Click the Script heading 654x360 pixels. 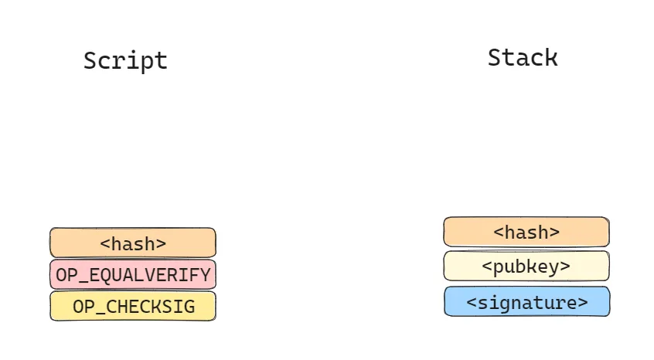(x=125, y=61)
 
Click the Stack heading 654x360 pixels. (x=523, y=57)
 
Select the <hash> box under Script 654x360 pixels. (x=133, y=243)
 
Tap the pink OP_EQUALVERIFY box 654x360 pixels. (x=133, y=274)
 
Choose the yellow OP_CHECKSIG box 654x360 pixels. (x=133, y=306)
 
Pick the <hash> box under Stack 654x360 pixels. (x=526, y=232)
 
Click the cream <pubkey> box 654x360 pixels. (x=526, y=266)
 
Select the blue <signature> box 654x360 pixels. (x=526, y=301)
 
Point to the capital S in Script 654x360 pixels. (x=90, y=60)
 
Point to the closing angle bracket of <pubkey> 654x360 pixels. (x=566, y=267)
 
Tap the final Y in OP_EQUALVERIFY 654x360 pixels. (x=205, y=275)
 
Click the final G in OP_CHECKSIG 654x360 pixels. (x=189, y=307)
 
